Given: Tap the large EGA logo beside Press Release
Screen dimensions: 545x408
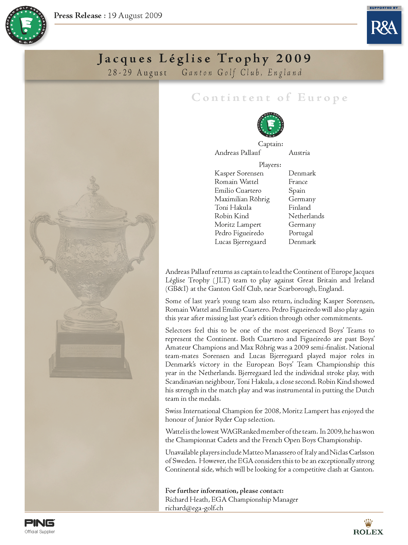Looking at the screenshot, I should [x=26, y=25].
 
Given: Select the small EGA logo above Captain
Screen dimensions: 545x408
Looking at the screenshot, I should [x=270, y=125].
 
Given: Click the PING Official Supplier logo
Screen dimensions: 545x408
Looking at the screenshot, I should [x=40, y=526].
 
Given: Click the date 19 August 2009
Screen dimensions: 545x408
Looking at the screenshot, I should [x=135, y=16].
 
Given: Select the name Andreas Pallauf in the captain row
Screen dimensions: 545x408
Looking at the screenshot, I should [x=238, y=153].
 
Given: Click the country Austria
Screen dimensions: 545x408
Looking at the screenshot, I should [x=299, y=153].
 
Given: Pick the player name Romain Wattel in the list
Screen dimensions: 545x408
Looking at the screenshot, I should [x=236, y=182].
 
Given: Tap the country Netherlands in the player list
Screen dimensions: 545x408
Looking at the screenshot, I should [x=306, y=216].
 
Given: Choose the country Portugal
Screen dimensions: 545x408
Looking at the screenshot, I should [x=301, y=233].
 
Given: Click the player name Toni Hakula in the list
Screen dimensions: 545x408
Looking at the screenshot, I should [x=233, y=208].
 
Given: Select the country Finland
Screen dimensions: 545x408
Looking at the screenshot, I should [x=299, y=208].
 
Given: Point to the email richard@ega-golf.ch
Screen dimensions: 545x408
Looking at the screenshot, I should [x=194, y=508].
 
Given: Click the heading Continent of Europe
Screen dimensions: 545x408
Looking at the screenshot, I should [x=270, y=98].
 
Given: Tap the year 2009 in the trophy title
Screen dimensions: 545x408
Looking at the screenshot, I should [x=293, y=58].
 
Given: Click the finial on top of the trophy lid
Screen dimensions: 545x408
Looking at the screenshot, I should [x=93, y=184].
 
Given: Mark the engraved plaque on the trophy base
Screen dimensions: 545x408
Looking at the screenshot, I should [x=90, y=351].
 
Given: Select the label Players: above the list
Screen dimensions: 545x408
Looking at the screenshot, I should [x=270, y=165].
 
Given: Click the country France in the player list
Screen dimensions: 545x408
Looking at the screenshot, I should [x=298, y=182].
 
